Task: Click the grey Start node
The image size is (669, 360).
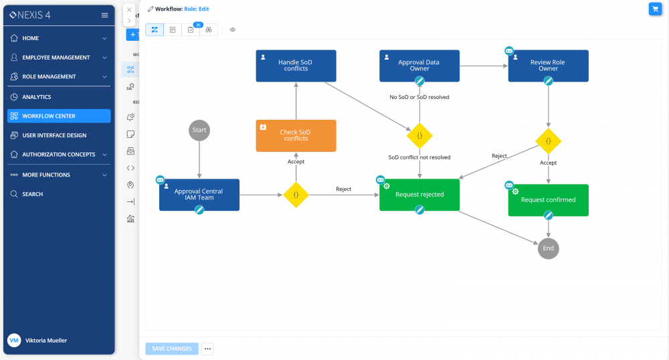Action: coord(199,130)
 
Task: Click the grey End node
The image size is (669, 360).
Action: coord(548,248)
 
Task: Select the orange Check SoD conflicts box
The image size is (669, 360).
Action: coord(296,135)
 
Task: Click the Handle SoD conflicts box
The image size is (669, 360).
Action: coord(296,66)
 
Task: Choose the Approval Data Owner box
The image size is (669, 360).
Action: coord(419,66)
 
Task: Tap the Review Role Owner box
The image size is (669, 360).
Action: coord(548,66)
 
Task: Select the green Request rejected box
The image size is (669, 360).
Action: coord(419,195)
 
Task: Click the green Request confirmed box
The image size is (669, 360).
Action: coord(548,200)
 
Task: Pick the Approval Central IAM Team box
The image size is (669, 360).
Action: coord(199,195)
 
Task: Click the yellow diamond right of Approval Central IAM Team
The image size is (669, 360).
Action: coord(296,195)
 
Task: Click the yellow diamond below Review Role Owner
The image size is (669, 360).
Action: coord(548,141)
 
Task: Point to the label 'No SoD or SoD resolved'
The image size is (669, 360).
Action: coord(419,97)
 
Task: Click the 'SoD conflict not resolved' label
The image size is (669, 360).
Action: coord(419,157)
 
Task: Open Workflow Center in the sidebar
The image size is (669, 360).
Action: coord(59,116)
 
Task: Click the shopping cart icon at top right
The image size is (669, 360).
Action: coord(654,9)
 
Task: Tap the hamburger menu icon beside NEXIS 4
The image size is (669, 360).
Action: coord(104,15)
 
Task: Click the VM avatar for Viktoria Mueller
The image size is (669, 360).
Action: coord(14,341)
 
